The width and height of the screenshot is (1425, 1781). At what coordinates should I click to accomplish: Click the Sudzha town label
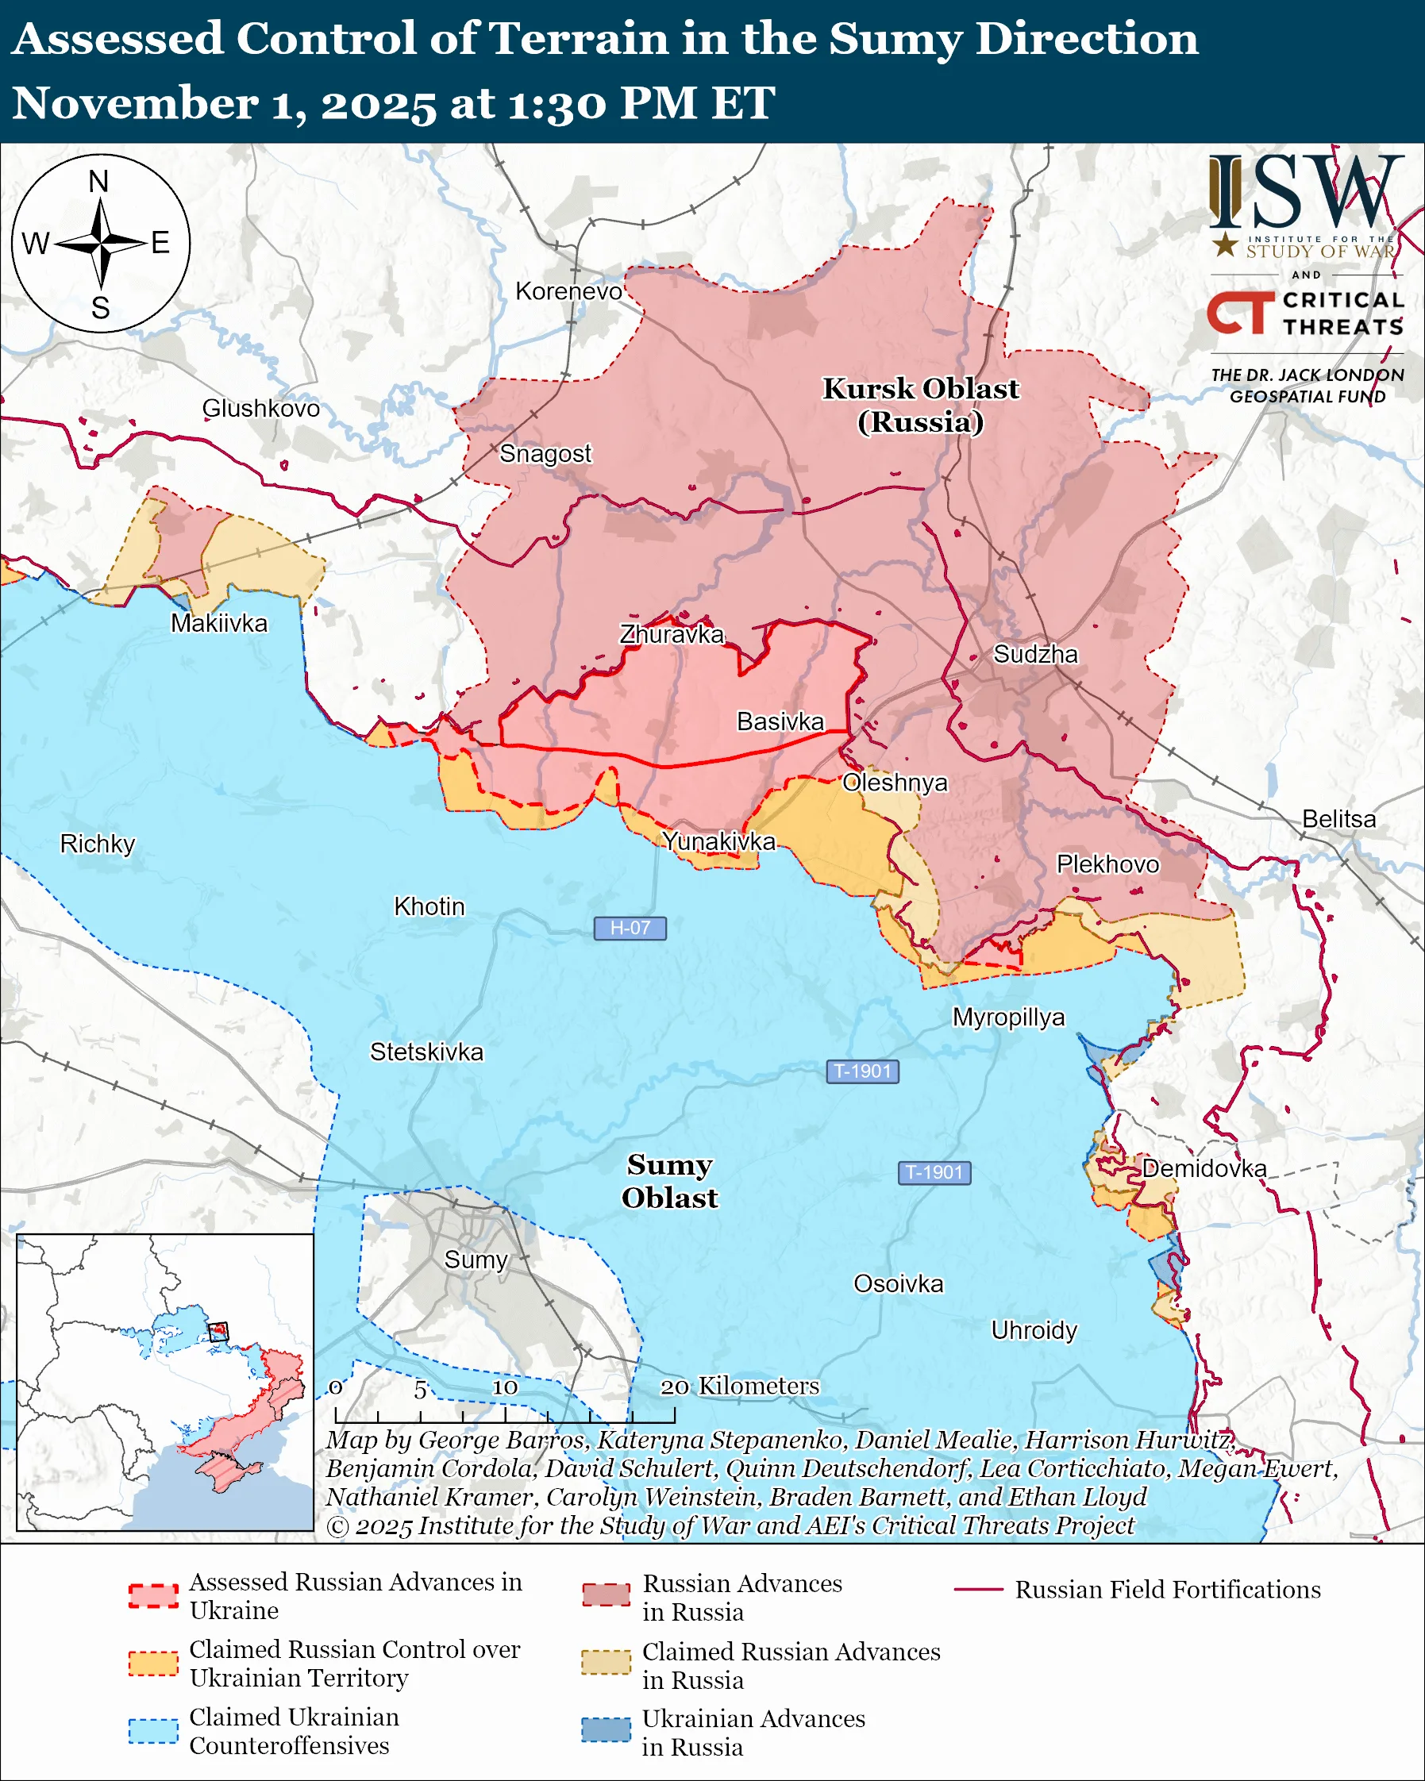click(1035, 654)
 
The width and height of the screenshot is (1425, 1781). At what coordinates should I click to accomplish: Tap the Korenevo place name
click(568, 290)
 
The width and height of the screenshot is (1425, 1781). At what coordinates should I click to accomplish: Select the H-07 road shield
click(630, 928)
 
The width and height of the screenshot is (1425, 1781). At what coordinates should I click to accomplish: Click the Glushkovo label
click(260, 408)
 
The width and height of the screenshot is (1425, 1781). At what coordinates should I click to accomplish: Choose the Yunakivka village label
click(718, 841)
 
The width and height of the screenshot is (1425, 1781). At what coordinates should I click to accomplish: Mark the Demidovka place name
click(1204, 1168)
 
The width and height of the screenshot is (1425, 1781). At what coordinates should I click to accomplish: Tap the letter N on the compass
click(98, 181)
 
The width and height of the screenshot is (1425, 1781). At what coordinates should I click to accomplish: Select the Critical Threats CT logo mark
click(1240, 312)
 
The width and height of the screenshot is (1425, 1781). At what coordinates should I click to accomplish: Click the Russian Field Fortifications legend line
click(978, 1590)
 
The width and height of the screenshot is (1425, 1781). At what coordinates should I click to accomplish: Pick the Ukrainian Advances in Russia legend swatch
click(606, 1729)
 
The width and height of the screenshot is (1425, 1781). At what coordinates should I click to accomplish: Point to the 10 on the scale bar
click(505, 1387)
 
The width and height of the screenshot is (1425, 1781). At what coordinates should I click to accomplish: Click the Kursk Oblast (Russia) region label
click(920, 405)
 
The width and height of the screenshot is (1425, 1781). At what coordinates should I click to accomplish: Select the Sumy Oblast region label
click(669, 1180)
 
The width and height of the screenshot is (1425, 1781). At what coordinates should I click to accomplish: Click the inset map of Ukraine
click(164, 1381)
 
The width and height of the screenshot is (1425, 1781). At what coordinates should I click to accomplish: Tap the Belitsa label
click(1338, 818)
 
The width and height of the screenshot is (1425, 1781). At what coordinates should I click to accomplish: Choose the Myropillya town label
click(1008, 1017)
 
